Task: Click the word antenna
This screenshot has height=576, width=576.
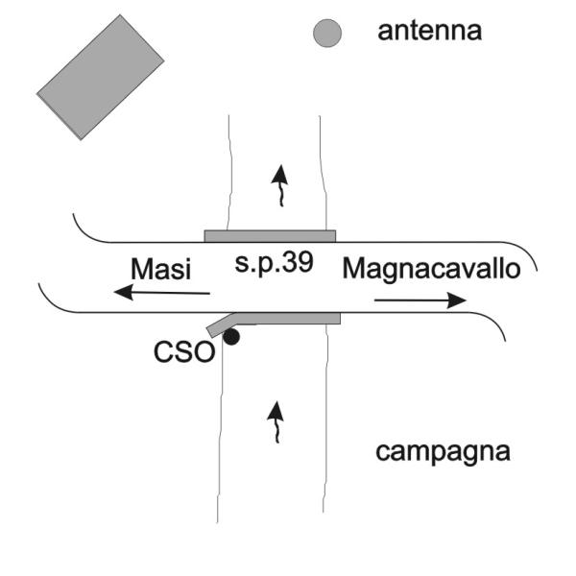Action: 429,32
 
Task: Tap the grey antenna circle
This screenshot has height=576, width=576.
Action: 327,33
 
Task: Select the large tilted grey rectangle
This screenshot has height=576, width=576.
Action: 100,77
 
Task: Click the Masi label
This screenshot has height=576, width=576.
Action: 161,269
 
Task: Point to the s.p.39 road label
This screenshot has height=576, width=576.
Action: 274,263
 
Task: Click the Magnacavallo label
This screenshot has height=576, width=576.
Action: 431,270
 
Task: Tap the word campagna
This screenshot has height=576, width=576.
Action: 443,452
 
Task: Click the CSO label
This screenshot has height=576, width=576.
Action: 184,352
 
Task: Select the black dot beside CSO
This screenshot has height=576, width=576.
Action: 231,337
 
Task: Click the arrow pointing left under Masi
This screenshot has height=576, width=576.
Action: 161,293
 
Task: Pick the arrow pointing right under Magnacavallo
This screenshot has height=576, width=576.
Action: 420,300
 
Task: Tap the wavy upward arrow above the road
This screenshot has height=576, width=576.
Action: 280,185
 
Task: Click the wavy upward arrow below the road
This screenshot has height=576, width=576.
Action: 276,422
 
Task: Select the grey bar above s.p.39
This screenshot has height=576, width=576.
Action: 270,236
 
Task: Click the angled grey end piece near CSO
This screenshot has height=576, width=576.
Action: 221,325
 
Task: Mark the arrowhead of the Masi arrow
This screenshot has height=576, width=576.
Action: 124,292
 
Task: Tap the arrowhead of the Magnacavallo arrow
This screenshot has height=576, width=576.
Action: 457,300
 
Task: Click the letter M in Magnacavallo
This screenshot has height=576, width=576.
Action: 352,269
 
